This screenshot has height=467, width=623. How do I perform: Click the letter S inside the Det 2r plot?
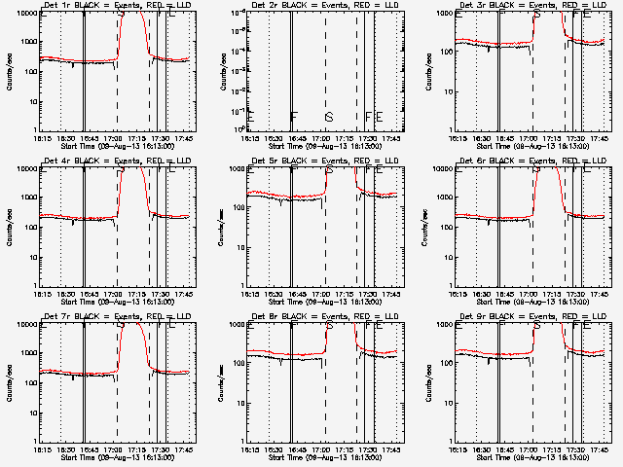(329, 118)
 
